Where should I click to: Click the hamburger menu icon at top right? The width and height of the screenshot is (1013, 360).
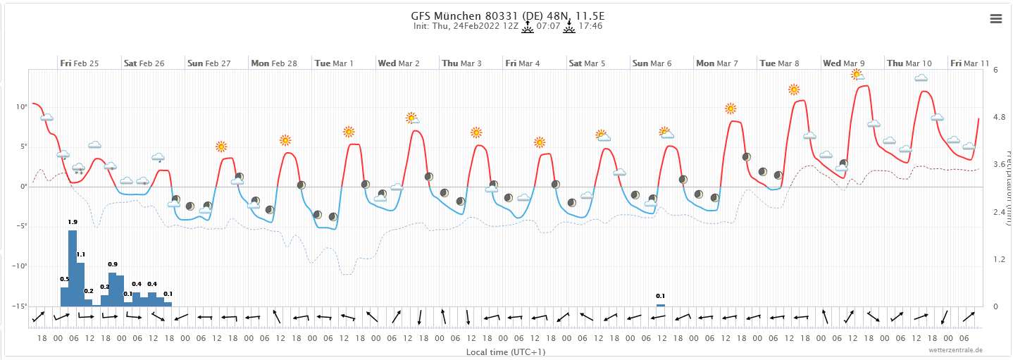coord(995,19)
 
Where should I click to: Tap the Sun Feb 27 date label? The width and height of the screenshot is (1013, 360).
coord(209,63)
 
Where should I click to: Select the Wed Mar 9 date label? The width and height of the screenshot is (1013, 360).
coord(844,63)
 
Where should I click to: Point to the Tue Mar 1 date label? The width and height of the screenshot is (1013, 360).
coord(334,63)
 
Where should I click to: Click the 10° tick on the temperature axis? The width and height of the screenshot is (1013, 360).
coord(22,107)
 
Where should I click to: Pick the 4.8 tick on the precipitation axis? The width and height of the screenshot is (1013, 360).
coord(996,117)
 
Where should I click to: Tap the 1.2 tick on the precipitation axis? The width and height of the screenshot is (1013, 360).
coord(996,259)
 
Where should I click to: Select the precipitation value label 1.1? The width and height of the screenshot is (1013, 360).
coord(80,254)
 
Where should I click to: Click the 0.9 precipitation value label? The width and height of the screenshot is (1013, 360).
coord(113,264)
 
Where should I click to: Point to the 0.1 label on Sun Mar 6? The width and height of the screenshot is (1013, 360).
coord(660,296)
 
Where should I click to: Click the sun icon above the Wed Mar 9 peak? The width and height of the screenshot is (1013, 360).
coord(857,73)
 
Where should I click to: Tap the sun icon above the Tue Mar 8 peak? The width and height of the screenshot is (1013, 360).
coord(794,89)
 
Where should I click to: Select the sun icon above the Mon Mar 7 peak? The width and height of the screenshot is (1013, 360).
coord(731,108)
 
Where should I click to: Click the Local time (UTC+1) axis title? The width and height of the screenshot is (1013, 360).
coord(506,352)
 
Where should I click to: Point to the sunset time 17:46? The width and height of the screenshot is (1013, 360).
coord(590,27)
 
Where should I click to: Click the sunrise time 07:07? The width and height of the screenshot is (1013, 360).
coord(549,27)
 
